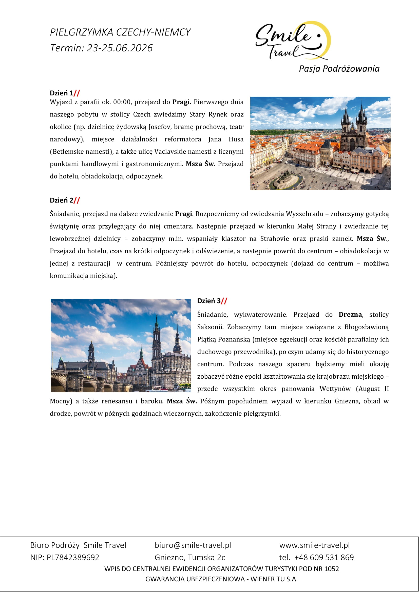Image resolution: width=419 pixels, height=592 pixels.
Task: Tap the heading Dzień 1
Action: [x=62, y=93]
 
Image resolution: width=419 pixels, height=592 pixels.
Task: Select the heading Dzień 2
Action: [x=62, y=200]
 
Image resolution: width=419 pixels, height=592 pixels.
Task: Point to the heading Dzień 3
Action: [x=209, y=301]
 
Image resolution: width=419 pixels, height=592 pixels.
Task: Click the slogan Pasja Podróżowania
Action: [x=339, y=69]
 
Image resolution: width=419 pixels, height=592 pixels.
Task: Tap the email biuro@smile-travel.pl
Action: [x=193, y=545]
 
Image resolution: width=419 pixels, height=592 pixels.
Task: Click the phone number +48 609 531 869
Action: [x=324, y=557]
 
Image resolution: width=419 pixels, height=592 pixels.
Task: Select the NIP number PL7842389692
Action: [x=73, y=557]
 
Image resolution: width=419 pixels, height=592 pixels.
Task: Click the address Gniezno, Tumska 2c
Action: [x=190, y=557]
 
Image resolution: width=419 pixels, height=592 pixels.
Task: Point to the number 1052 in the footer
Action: [x=332, y=569]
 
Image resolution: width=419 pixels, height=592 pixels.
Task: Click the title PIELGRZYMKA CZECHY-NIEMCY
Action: [x=120, y=32]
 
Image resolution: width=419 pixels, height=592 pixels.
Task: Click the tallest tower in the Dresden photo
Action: [x=156, y=343]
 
